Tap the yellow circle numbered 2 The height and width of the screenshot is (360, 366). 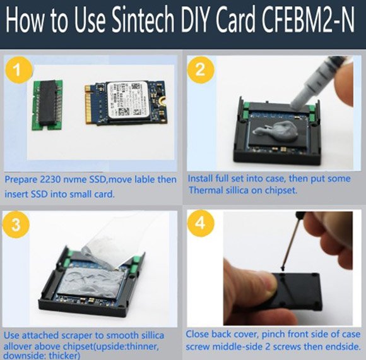pos(201,69)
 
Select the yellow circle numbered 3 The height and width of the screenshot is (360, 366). pos(16,224)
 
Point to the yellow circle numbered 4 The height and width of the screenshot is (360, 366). pos(201,224)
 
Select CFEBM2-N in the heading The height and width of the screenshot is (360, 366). pos(309,20)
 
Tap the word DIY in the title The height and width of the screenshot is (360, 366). pos(196,20)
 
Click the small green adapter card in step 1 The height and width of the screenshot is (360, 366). pos(47,105)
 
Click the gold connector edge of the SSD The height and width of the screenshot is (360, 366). pos(88,104)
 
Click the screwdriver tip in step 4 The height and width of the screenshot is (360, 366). pos(283,268)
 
